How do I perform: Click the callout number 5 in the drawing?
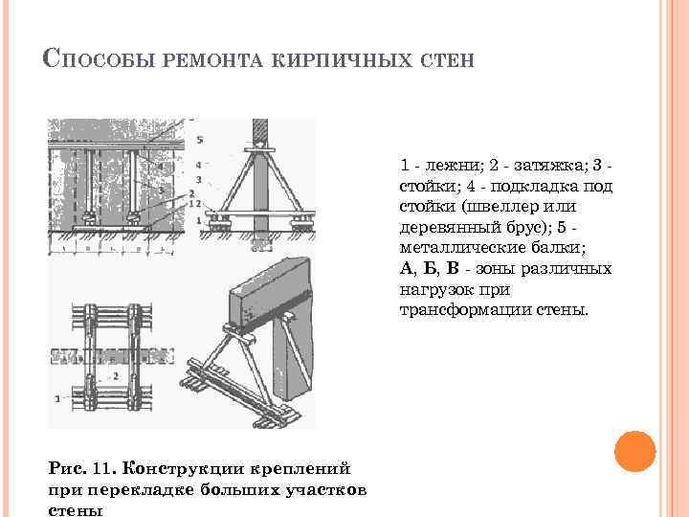tap(199, 140)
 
